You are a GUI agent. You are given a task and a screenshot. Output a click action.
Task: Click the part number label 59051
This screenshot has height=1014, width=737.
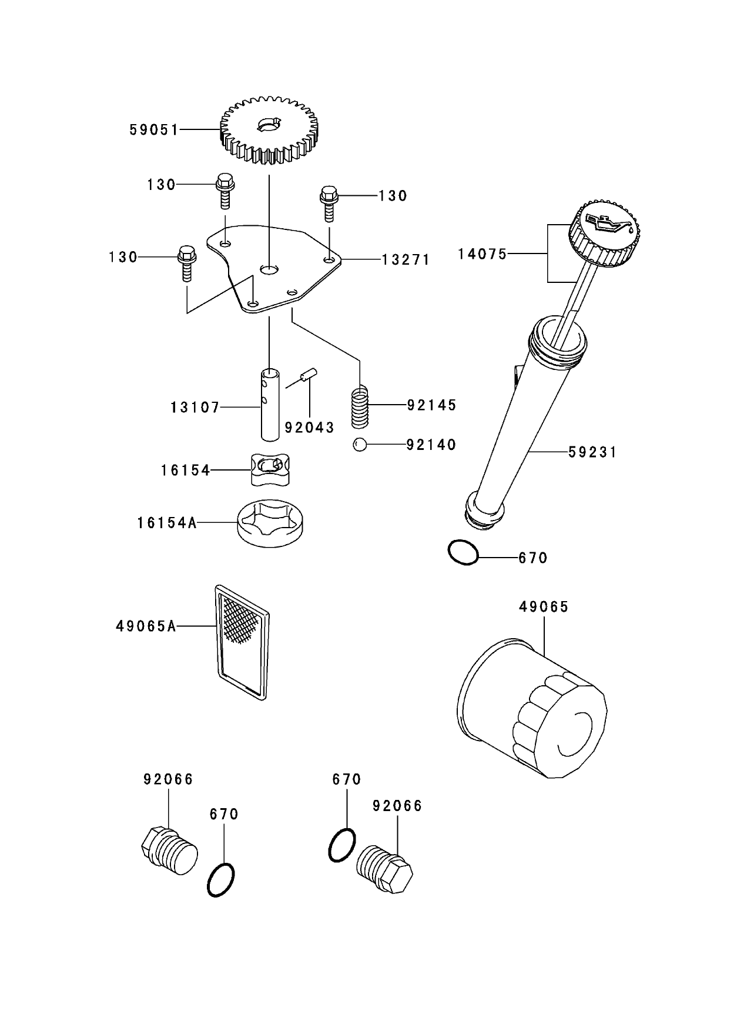(x=153, y=130)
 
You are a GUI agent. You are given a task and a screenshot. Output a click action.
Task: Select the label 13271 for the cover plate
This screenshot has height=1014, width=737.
(x=406, y=259)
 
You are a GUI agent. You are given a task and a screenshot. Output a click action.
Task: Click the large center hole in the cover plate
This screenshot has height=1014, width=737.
(x=269, y=269)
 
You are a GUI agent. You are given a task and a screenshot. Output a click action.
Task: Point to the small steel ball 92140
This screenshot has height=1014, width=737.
(x=360, y=445)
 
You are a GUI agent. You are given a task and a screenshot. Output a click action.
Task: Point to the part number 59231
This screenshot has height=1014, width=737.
(x=592, y=452)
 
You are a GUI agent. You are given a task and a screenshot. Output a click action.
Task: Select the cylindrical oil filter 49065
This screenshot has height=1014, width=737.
(x=532, y=712)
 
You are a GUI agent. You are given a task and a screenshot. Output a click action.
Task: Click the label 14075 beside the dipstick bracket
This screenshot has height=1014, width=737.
(x=482, y=254)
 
